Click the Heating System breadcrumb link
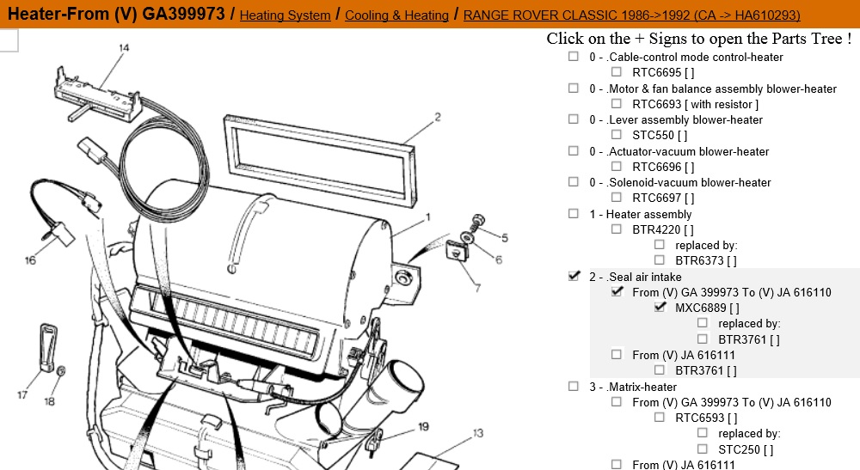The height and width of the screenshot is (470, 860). pos(285,15)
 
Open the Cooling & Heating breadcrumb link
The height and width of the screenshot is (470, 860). pos(398,15)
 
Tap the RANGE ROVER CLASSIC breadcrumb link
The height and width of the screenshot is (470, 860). pos(632,15)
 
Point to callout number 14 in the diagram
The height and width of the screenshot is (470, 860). pos(124,48)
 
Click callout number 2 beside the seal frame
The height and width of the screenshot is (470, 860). pos(437,116)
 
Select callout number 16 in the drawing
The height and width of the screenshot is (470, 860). pos(31,259)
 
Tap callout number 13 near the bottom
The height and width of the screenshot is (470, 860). pos(477,432)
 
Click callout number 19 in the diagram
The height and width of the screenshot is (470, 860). pos(423,426)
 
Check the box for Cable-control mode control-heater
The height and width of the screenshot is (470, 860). pos(574,57)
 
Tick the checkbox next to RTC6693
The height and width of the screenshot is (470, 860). pos(617,104)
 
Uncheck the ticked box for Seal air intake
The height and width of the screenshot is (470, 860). pos(574,277)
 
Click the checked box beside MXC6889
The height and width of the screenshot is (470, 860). pos(660,308)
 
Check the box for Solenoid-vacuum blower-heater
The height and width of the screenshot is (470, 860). pos(574,182)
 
